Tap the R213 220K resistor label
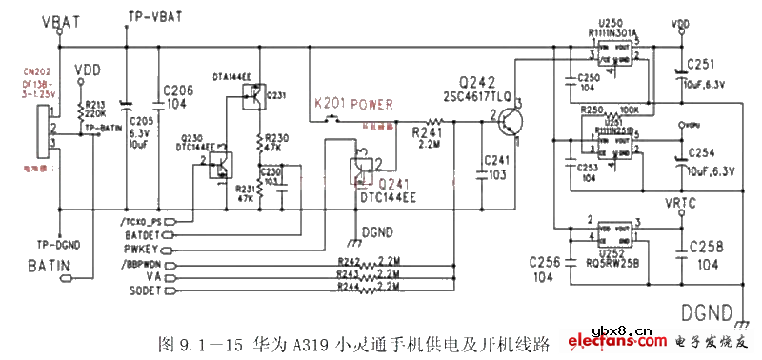(95, 109)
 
